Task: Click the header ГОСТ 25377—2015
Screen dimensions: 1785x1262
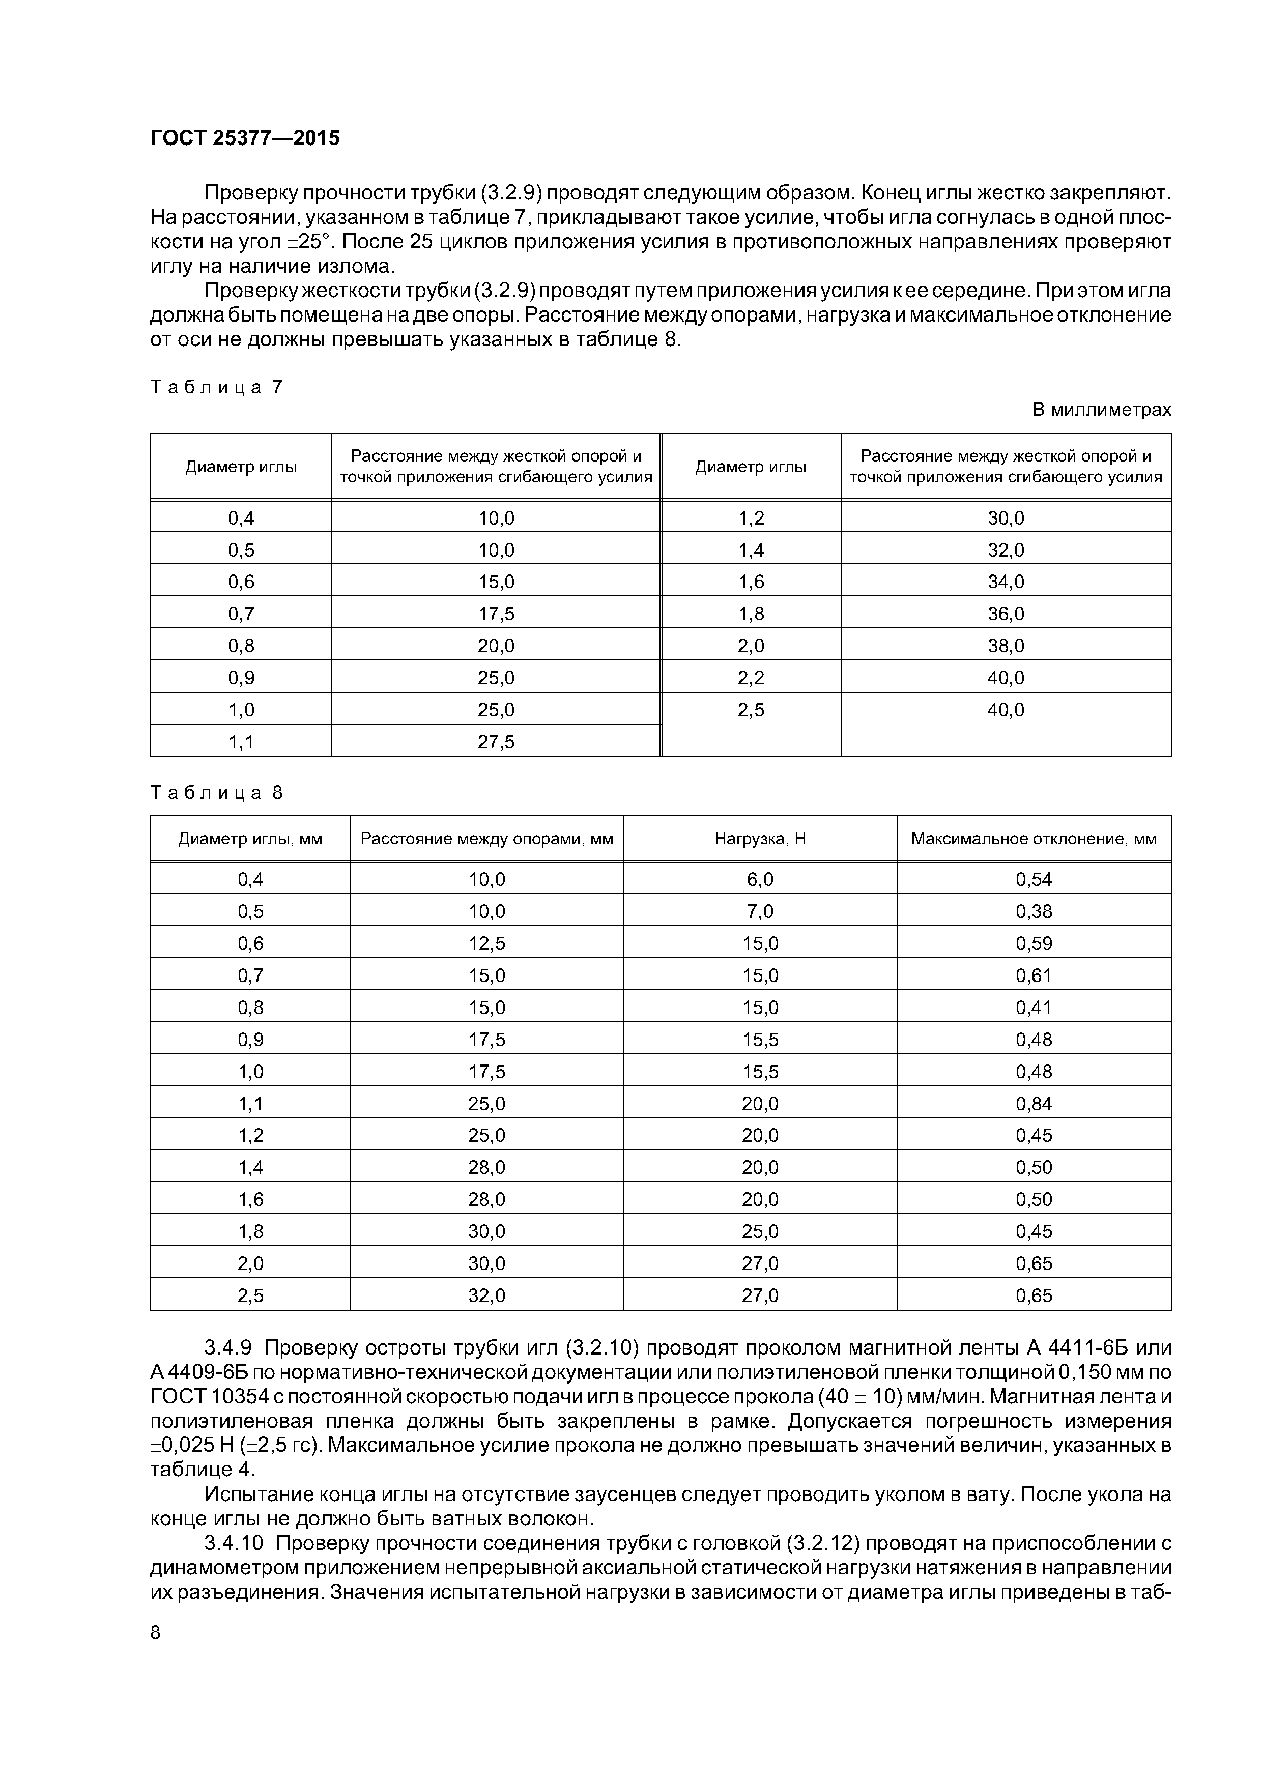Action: pyautogui.click(x=245, y=138)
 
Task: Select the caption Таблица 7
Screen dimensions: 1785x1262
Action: pyautogui.click(x=216, y=386)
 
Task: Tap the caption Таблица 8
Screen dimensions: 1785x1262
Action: pyautogui.click(x=216, y=792)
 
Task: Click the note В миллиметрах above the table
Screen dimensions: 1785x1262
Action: pyautogui.click(x=1101, y=410)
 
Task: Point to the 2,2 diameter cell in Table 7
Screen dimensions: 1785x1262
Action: pyautogui.click(x=751, y=678)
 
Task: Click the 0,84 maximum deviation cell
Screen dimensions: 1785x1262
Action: pyautogui.click(x=1034, y=1103)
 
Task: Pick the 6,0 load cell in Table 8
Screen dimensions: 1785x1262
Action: pyautogui.click(x=760, y=879)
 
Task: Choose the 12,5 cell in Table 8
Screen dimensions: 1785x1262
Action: pyautogui.click(x=487, y=943)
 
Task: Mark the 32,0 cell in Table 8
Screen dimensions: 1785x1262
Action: pyautogui.click(x=487, y=1295)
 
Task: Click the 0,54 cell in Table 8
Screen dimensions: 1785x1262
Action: pyautogui.click(x=1034, y=879)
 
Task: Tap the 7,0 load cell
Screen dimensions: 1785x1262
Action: pyautogui.click(x=760, y=911)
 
